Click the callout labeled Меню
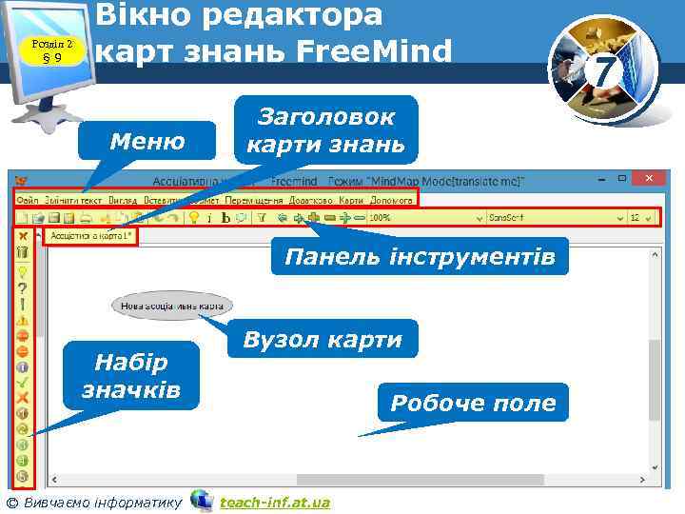[x=147, y=143]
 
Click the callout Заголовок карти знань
[x=326, y=131]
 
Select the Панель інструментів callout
[x=420, y=257]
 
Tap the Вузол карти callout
[x=323, y=340]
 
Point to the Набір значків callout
[x=131, y=376]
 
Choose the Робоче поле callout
[x=473, y=403]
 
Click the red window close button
[x=650, y=179]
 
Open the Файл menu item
[x=27, y=200]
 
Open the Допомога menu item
[x=392, y=200]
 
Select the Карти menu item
[x=351, y=200]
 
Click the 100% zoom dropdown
[x=419, y=218]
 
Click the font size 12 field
[x=639, y=218]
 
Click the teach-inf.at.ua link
[x=275, y=502]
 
